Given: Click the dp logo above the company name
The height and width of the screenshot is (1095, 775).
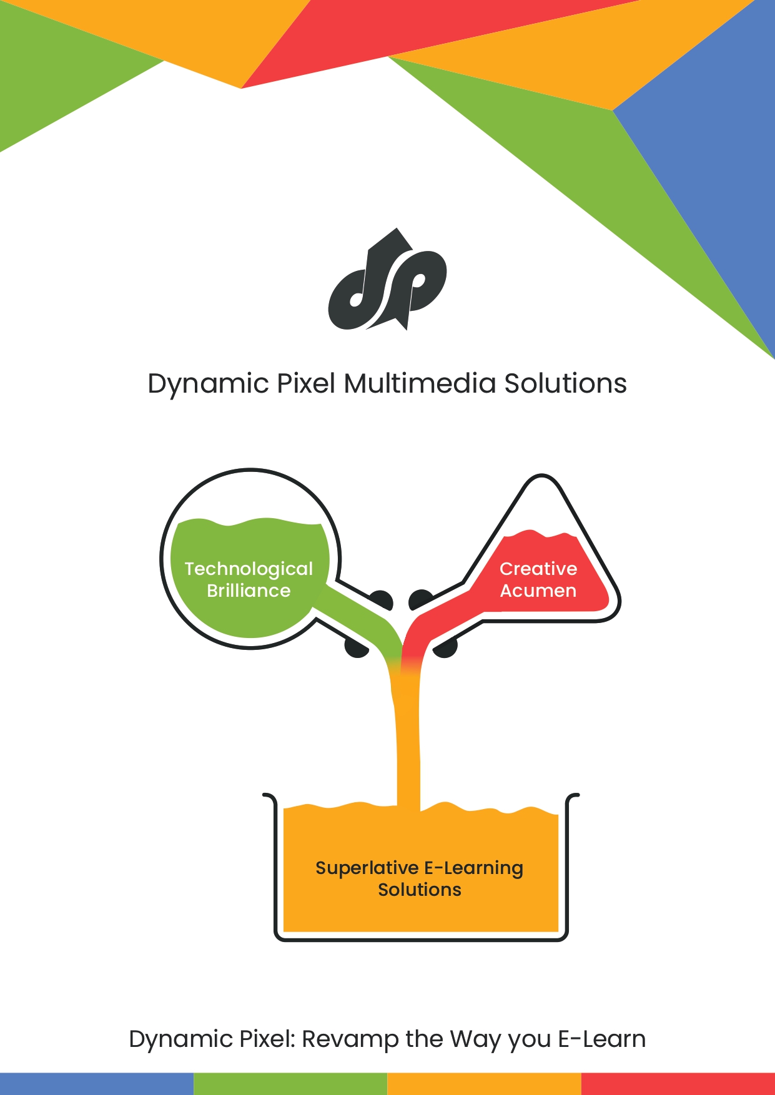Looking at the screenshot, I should [x=387, y=280].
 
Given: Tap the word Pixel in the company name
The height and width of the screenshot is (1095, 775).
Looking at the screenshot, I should [x=306, y=383].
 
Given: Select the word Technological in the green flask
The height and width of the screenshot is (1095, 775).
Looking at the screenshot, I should [x=249, y=569].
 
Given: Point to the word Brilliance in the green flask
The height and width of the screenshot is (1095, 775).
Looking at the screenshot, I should [x=249, y=591].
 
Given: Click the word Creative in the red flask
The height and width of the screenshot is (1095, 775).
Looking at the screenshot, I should [x=538, y=569].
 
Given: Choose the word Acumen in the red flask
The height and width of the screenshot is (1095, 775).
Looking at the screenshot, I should [x=538, y=591].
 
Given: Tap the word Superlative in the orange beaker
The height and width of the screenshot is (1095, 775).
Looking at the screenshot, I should [x=367, y=868].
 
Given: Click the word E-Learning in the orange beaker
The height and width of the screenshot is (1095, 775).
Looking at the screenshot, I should [x=474, y=868].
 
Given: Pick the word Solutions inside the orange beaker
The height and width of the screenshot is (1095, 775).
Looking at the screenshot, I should [x=420, y=890].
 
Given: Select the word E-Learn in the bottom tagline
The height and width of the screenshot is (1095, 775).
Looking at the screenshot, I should [x=602, y=1039].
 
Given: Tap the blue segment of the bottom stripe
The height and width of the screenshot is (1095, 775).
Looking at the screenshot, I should [x=97, y=1084].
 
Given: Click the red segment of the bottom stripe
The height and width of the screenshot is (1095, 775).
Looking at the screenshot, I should [x=678, y=1084].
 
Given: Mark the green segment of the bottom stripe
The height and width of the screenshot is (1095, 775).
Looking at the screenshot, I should [x=290, y=1084].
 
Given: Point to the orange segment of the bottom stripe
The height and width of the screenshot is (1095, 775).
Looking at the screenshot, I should [x=484, y=1084].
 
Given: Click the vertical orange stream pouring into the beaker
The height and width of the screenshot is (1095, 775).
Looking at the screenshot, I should [x=408, y=743].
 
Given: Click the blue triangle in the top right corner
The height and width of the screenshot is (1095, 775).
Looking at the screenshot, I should [x=718, y=156].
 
